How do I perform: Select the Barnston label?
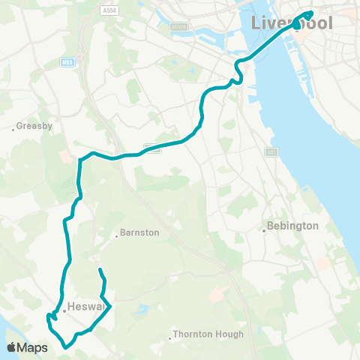coord(139,232)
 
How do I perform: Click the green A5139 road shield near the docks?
coord(178,26)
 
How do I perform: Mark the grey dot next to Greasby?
coord(13,129)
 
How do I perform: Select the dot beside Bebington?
coord(265,229)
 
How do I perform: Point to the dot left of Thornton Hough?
coord(171,337)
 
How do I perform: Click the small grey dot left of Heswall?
coord(64,310)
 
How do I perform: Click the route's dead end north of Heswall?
coord(100,268)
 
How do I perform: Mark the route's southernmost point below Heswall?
coord(66,347)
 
